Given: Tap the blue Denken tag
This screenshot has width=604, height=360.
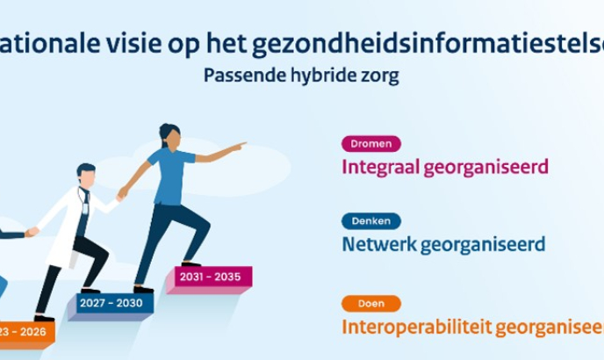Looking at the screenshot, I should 370,221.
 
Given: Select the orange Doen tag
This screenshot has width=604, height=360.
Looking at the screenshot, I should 370,304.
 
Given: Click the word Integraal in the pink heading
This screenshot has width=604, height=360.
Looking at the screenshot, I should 380,166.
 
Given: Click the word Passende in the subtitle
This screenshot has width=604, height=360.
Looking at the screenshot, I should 241,76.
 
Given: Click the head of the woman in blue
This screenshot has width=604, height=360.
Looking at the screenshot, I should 170,136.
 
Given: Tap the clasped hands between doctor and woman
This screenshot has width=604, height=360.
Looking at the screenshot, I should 121,195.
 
